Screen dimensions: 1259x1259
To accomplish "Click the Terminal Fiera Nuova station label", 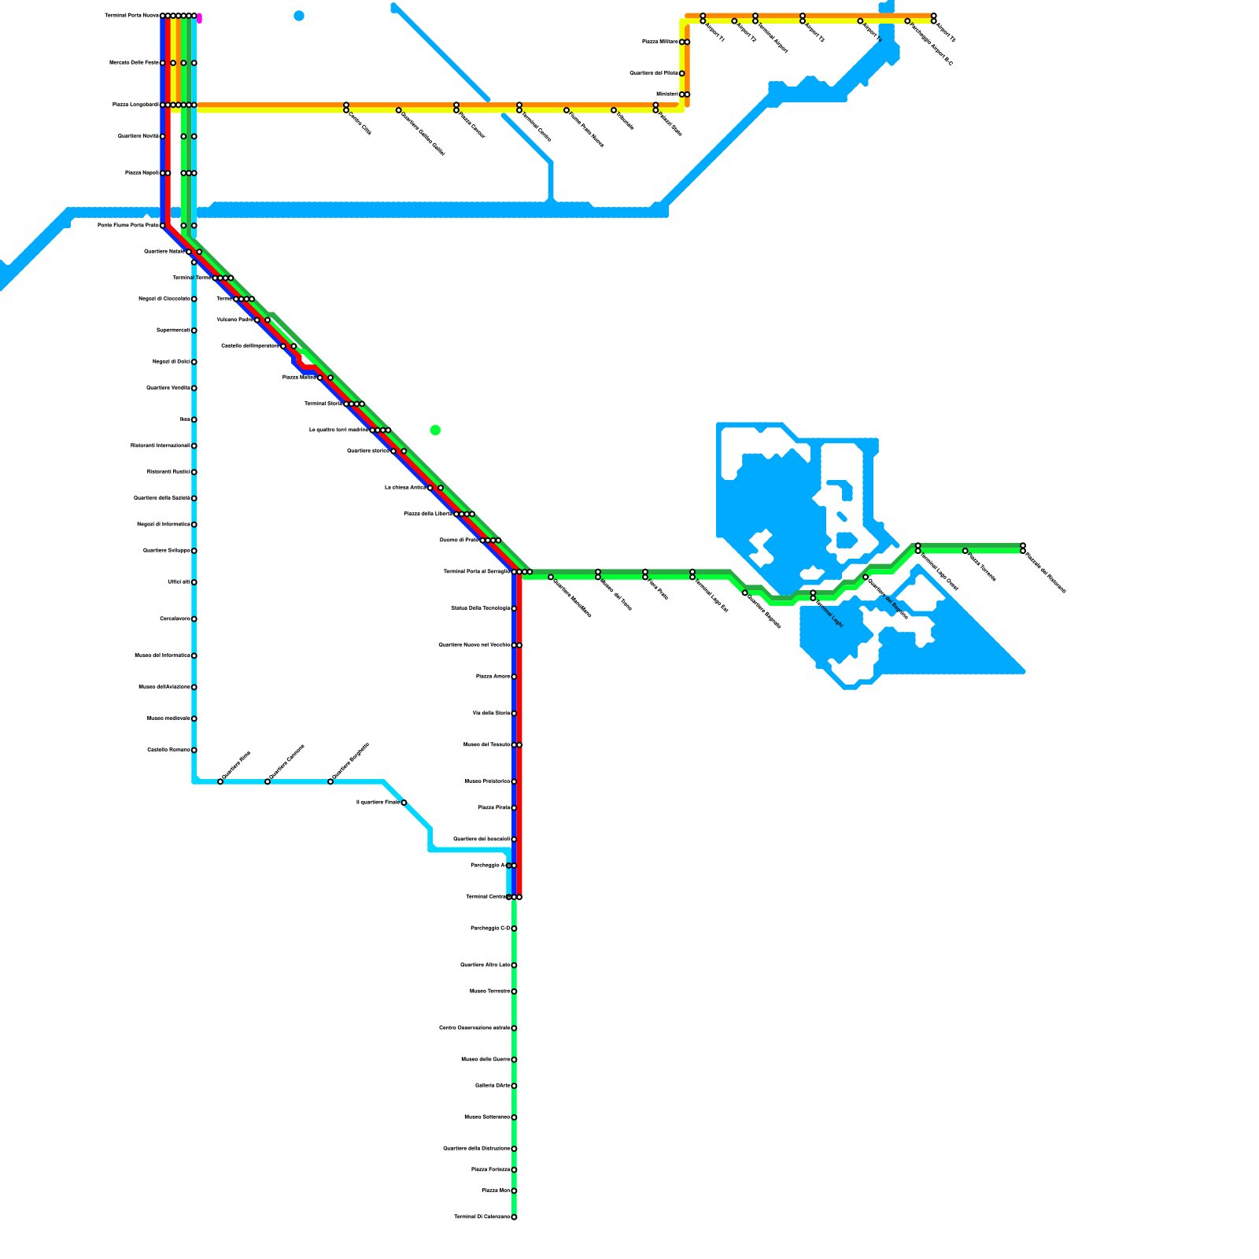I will [x=131, y=16].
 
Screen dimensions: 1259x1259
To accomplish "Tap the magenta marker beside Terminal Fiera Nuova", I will [x=199, y=18].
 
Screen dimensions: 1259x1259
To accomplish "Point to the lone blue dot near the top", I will [x=298, y=16].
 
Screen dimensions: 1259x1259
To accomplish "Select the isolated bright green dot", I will [x=435, y=430].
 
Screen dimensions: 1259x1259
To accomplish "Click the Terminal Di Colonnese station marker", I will [x=514, y=1217].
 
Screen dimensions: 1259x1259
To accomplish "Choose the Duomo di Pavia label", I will [x=459, y=541].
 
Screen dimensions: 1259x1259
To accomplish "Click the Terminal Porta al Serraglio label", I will [x=476, y=572].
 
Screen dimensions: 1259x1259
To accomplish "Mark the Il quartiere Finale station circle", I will [x=404, y=803].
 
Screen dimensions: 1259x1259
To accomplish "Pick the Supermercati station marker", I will [x=194, y=330].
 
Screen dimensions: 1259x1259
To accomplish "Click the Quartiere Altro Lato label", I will [x=485, y=965].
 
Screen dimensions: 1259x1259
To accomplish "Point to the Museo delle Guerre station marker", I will [x=514, y=1060].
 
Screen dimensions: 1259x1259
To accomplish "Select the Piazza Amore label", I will [x=493, y=677].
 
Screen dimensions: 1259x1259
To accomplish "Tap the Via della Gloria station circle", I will [x=514, y=714].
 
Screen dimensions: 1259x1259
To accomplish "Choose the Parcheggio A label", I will [x=488, y=866].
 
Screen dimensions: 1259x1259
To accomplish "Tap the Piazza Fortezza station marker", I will [x=514, y=1170].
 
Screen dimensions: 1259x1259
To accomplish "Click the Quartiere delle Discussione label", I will [x=476, y=1149].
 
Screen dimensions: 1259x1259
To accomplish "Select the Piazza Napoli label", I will [x=142, y=173].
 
